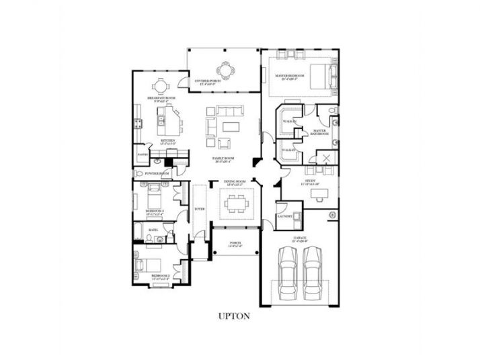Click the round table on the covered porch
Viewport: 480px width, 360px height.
[224, 69]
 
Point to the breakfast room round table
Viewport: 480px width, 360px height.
[160, 86]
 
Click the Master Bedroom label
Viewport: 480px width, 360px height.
[290, 77]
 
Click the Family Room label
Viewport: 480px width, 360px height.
[223, 159]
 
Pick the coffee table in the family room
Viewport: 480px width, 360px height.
[231, 126]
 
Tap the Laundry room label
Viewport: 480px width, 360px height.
[283, 216]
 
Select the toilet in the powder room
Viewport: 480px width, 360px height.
[155, 163]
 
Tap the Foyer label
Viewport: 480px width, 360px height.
[199, 209]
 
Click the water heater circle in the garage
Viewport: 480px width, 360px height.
[331, 215]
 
